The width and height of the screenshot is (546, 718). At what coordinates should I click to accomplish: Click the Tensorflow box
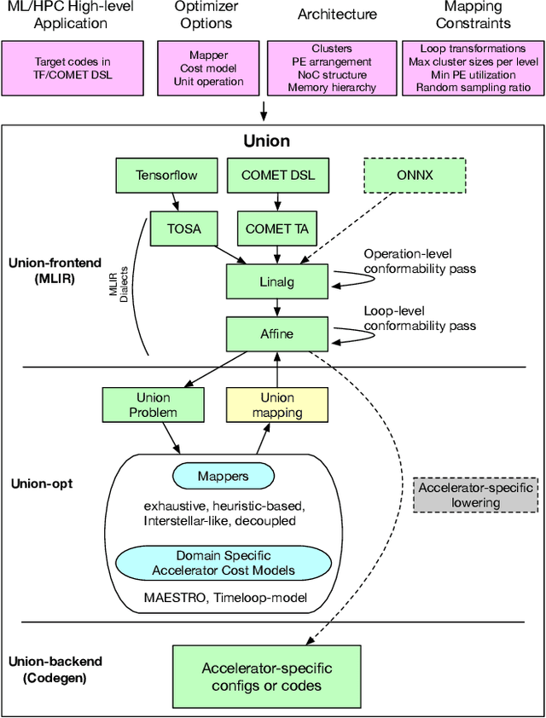coord(166,176)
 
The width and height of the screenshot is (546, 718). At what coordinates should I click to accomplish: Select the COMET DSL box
coord(277,176)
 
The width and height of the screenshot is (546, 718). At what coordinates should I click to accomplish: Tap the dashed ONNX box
coord(415,176)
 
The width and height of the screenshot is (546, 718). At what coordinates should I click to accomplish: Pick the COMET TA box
coord(277,229)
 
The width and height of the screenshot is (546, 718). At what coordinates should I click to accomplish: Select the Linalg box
coord(277,281)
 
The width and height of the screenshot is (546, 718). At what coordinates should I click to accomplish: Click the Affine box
coord(277,333)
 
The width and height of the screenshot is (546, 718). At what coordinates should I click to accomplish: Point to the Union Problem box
coord(154,404)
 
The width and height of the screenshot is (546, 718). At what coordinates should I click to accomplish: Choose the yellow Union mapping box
coord(277,404)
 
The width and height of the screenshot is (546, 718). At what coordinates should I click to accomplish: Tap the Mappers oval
coord(222,476)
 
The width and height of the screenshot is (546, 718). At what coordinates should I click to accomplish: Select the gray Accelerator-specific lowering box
coord(476,495)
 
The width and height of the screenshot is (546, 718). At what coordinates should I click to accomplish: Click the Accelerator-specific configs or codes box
coord(266,676)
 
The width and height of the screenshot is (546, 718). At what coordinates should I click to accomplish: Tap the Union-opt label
coord(41,483)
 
